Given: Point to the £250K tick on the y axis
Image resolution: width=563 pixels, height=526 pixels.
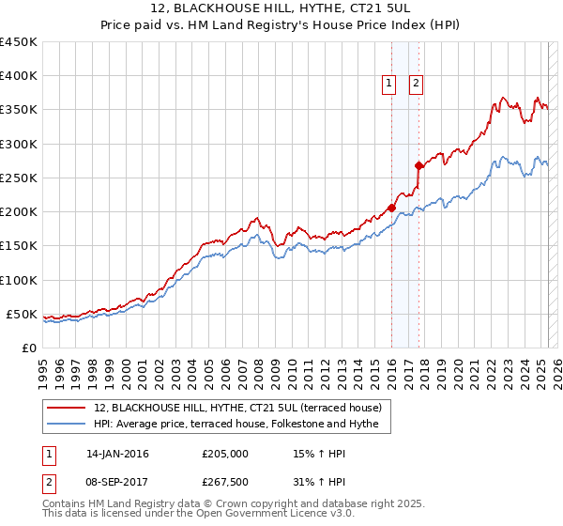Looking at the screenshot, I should tap(19, 178).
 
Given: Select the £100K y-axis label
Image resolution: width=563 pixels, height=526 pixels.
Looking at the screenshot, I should tap(19, 280).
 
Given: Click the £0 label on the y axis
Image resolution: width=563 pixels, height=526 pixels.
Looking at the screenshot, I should tap(28, 348).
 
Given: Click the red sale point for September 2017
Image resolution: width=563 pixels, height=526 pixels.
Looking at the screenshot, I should tap(418, 165).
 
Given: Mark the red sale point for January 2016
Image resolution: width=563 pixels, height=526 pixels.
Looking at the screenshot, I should tap(391, 208).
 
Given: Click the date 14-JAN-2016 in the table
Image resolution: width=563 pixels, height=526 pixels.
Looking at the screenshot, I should tap(117, 454).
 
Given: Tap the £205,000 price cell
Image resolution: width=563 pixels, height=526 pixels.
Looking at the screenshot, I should tap(225, 454).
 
